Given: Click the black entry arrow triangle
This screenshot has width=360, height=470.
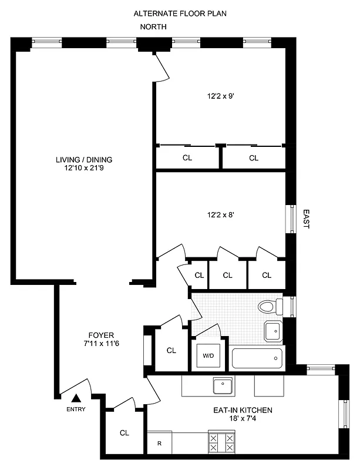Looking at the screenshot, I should click(x=76, y=399).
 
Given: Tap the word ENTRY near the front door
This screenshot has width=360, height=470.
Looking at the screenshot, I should click(x=76, y=409).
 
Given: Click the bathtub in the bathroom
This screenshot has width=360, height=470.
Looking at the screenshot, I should click(x=257, y=358).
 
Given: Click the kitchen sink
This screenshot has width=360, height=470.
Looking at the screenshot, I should click(x=222, y=386).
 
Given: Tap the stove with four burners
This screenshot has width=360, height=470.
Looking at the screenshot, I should click(x=221, y=442).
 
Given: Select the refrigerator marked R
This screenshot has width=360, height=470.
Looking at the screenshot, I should click(x=159, y=444).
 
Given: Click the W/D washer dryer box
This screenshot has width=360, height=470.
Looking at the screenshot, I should click(x=208, y=355).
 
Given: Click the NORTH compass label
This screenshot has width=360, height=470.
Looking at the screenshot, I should click(x=153, y=27).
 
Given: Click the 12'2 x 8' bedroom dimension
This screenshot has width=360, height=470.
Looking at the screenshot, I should click(x=221, y=215).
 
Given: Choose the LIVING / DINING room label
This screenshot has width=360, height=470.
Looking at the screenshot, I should click(x=84, y=159).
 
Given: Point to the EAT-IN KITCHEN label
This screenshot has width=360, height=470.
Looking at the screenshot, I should click(x=243, y=410).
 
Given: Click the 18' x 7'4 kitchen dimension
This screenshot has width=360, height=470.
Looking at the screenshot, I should click(x=243, y=419).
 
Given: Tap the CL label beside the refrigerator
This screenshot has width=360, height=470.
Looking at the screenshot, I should click(x=125, y=433).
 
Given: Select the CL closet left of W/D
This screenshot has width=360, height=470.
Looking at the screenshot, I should click(x=171, y=351).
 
